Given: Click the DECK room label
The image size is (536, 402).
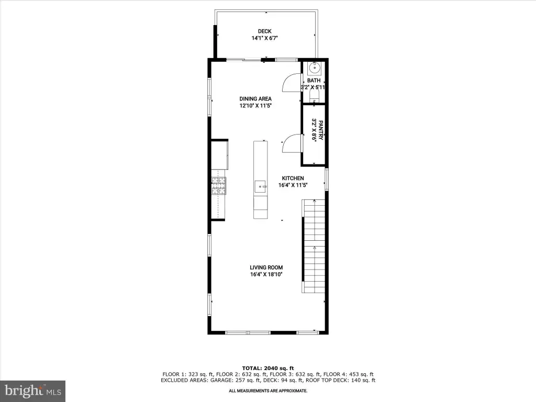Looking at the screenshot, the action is (x=264, y=31).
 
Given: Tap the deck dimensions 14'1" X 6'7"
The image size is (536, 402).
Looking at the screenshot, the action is (x=264, y=38).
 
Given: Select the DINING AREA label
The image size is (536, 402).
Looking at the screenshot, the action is (x=255, y=99).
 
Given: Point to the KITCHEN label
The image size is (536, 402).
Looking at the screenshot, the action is (x=293, y=178).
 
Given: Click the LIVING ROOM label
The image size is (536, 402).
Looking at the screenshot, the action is (x=266, y=267).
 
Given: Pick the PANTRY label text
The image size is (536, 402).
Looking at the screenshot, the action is (x=321, y=130).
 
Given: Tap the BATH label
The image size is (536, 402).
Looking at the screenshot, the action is (x=314, y=80).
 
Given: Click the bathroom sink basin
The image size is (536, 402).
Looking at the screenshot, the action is (x=314, y=69).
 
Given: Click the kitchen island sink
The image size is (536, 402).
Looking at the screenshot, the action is (x=261, y=187).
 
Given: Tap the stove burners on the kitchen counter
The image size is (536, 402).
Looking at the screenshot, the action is (x=218, y=186).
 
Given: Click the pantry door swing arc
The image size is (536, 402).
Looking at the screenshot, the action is (x=291, y=142).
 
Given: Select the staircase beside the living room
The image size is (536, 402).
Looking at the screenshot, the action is (x=314, y=246).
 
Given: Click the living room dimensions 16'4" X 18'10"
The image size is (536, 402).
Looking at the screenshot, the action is (x=266, y=274).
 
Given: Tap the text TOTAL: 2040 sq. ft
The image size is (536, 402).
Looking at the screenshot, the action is (x=268, y=368).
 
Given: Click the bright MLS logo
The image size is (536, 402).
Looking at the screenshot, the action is (x=33, y=391).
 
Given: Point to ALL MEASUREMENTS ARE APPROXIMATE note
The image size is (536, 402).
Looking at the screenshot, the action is (x=268, y=390).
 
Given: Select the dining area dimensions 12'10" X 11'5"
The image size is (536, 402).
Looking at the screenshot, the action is (x=255, y=106).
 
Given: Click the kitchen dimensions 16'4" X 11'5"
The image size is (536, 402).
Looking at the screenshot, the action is (x=293, y=185).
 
